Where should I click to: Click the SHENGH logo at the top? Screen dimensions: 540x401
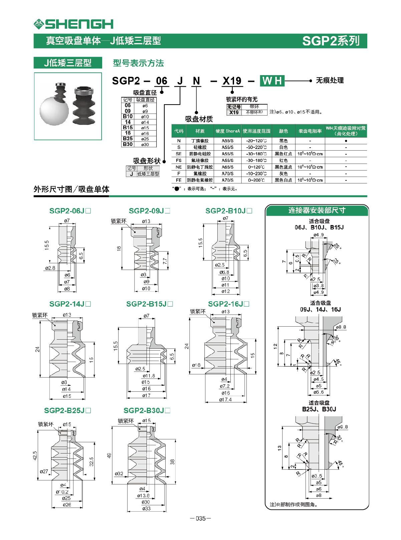[x=73, y=24]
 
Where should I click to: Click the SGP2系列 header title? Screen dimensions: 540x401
[x=331, y=41]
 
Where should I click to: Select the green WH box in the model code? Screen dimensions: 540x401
[x=272, y=81]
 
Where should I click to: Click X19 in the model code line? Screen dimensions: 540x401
[x=232, y=81]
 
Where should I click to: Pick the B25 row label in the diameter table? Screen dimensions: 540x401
[x=128, y=139]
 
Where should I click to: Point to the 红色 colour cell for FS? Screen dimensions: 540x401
[x=283, y=160]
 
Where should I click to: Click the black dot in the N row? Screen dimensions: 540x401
[x=346, y=141]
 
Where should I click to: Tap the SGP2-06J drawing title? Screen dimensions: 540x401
[x=70, y=211]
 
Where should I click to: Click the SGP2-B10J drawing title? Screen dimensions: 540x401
[x=229, y=211]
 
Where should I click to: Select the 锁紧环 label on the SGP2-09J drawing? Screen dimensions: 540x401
[x=119, y=221]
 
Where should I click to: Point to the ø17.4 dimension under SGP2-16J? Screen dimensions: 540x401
[x=225, y=399]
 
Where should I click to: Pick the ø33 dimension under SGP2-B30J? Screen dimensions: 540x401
[x=146, y=509]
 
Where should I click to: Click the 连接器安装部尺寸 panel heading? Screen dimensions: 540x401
[x=317, y=210]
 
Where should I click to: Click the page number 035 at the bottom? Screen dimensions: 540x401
[x=200, y=519]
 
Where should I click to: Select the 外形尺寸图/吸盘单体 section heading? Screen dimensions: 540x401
[x=71, y=189]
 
